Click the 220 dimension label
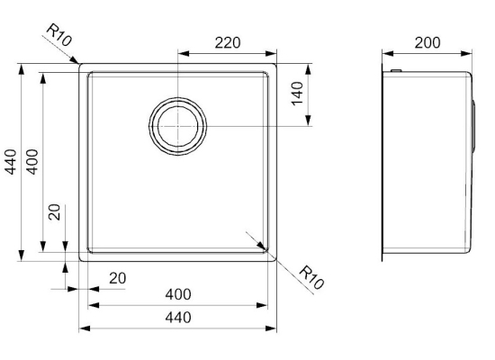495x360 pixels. [x=228, y=42]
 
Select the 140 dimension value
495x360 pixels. [x=297, y=94]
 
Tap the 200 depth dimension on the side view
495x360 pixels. [x=427, y=42]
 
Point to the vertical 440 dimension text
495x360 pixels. [x=11, y=162]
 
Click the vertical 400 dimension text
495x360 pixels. [x=32, y=162]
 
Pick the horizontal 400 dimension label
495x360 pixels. [x=178, y=294]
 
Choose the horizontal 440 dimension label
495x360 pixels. [x=178, y=318]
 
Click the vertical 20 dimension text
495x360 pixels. [x=55, y=211]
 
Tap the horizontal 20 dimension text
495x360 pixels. [x=117, y=278]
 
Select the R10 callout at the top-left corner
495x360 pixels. [x=59, y=35]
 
